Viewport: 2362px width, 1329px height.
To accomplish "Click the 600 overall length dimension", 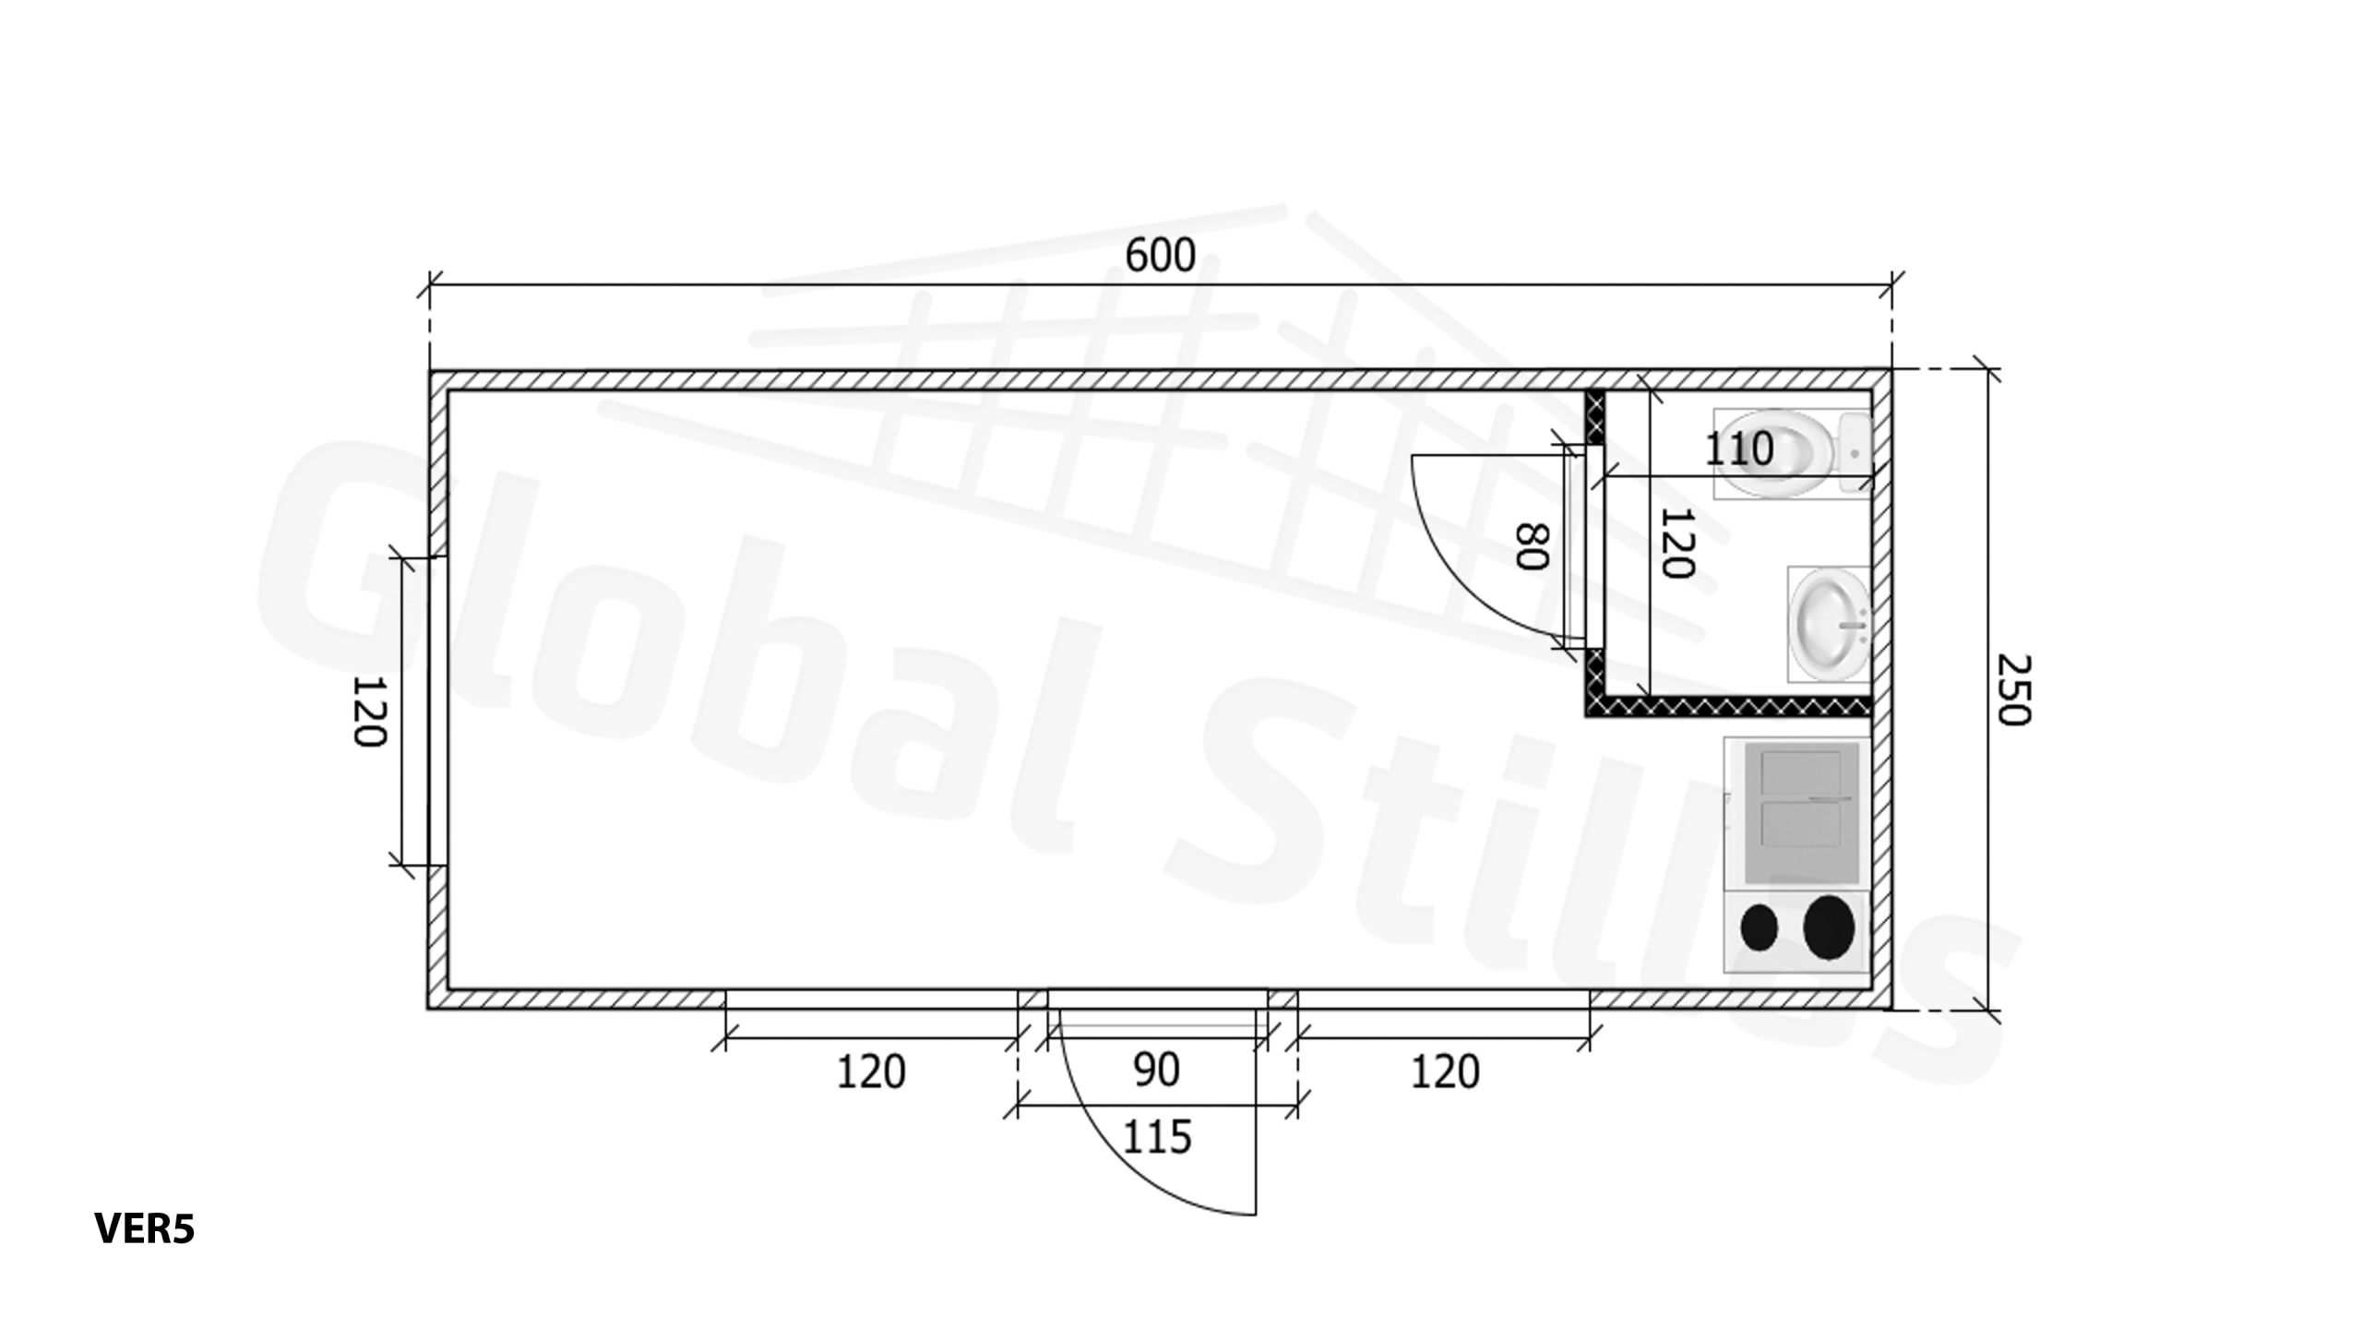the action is tap(1160, 256).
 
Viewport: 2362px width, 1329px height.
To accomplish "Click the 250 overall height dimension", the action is tap(2013, 689).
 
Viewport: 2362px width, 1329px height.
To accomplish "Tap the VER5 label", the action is tap(145, 1228).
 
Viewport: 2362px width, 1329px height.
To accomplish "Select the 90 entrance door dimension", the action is tap(1155, 1071).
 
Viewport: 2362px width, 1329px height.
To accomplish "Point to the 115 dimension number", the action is tap(1157, 1137).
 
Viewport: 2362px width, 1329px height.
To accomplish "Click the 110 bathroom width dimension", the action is tap(1738, 449).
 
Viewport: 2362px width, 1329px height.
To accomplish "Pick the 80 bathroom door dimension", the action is tap(1533, 546).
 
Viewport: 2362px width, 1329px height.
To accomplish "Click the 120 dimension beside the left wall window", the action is tap(369, 712).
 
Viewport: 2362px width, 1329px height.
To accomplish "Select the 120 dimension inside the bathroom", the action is tap(1676, 544).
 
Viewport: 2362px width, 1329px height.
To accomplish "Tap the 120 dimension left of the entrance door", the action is tap(871, 1072).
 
